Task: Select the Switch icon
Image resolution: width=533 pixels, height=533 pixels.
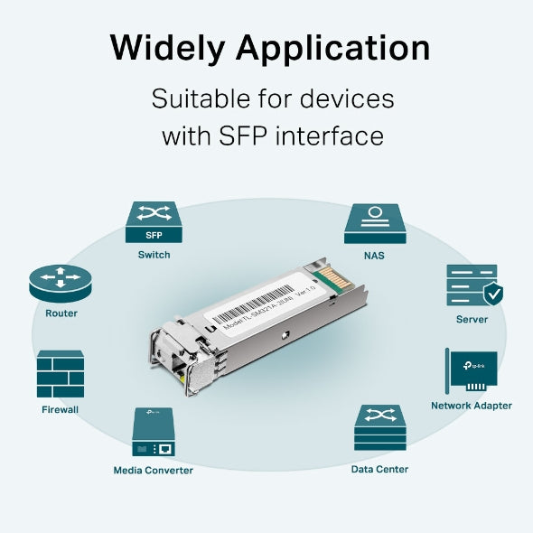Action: click(154, 223)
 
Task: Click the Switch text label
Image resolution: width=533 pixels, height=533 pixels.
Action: click(154, 255)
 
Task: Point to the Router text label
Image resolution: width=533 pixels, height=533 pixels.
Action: click(61, 313)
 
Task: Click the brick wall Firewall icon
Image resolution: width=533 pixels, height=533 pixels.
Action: click(61, 374)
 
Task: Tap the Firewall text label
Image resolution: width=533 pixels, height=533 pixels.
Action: click(61, 409)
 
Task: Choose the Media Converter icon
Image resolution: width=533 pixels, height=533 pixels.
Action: click(153, 433)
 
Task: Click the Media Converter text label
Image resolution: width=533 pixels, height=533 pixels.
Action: click(153, 470)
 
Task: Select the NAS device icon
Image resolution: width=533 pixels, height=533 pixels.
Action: click(374, 223)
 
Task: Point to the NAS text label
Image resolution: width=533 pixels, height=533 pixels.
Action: click(374, 256)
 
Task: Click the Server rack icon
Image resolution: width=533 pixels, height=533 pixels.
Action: click(470, 285)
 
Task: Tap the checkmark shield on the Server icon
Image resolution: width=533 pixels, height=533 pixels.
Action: click(493, 294)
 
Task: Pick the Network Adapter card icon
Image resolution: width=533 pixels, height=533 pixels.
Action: click(472, 371)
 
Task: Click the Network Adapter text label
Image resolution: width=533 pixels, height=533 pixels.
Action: click(472, 406)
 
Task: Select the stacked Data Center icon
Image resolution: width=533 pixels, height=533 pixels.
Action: click(379, 428)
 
